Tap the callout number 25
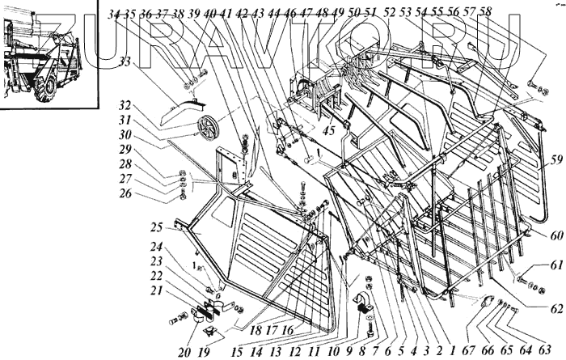tap(157, 227)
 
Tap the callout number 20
tap(183, 352)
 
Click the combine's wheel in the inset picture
tap(47, 83)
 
